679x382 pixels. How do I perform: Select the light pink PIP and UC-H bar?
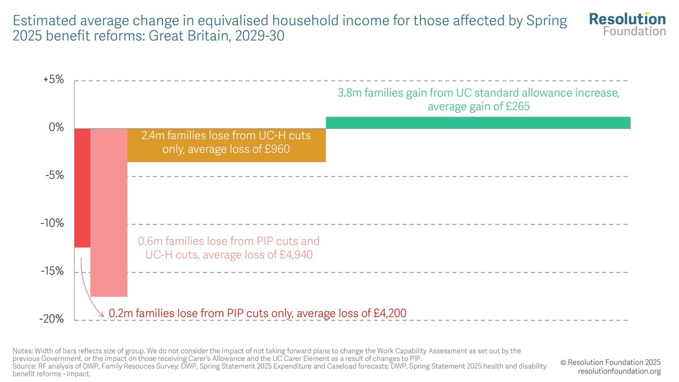click(109, 212)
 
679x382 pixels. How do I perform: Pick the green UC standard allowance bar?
click(478, 123)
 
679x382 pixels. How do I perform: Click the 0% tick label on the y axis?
click(57, 128)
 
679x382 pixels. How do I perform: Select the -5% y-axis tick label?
click(54, 175)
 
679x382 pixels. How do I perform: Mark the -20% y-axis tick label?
click(52, 319)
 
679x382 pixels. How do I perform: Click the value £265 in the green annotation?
click(516, 106)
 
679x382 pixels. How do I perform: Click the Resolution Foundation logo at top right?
click(627, 24)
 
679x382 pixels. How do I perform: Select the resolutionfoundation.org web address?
click(619, 371)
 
